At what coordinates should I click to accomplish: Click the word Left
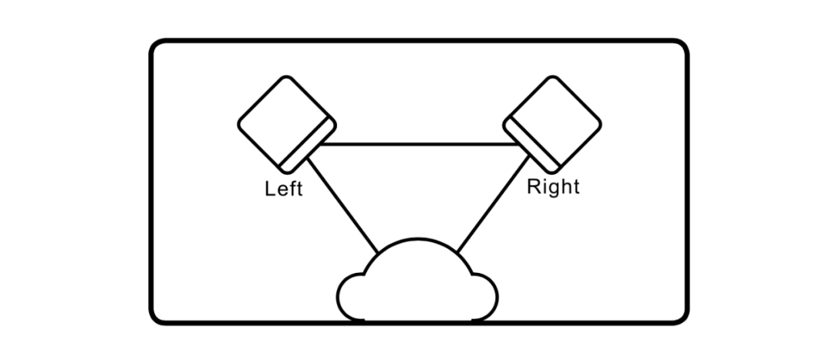[284, 189]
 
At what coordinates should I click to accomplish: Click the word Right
[553, 187]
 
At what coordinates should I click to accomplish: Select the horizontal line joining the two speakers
[420, 144]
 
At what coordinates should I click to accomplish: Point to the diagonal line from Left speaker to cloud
[343, 205]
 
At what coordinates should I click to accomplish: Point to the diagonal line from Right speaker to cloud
[493, 204]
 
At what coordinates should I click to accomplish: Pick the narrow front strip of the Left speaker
[308, 146]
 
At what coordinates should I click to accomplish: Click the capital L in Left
[269, 189]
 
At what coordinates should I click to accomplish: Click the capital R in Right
[533, 187]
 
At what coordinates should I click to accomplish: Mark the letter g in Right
[554, 190]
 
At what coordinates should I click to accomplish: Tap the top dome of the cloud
[417, 239]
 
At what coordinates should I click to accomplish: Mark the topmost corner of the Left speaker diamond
[286, 77]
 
